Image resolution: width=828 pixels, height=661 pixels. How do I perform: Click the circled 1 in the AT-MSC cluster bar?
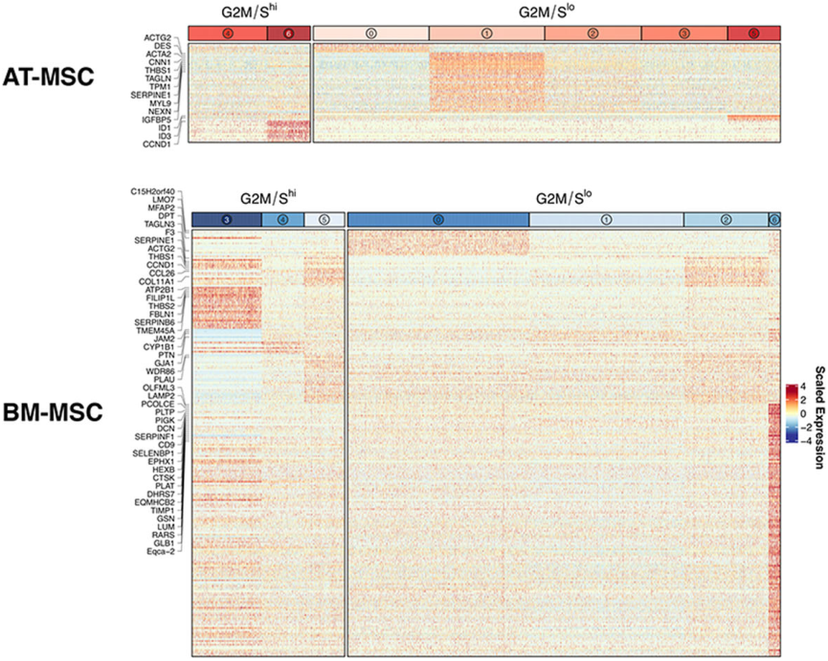486,33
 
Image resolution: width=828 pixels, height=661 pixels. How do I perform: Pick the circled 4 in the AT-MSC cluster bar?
227,33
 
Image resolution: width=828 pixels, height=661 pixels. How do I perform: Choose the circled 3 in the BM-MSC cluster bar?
226,220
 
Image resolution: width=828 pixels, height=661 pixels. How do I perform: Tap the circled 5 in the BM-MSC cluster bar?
324,220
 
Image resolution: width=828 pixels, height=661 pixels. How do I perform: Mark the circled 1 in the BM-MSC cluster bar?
606,220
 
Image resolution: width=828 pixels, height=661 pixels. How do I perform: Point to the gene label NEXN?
160,110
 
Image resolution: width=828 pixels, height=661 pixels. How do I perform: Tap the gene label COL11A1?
157,280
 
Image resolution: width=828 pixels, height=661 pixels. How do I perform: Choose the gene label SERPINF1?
155,435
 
